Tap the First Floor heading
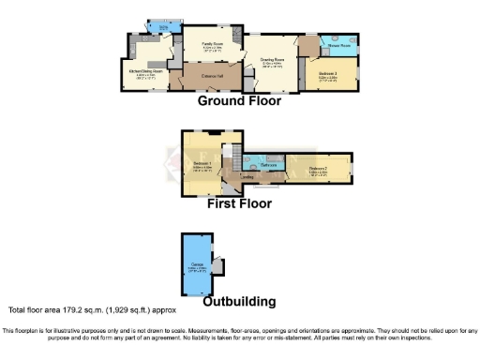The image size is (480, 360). (239, 202)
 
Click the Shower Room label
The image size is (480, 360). (337, 44)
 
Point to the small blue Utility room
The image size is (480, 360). (163, 27)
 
